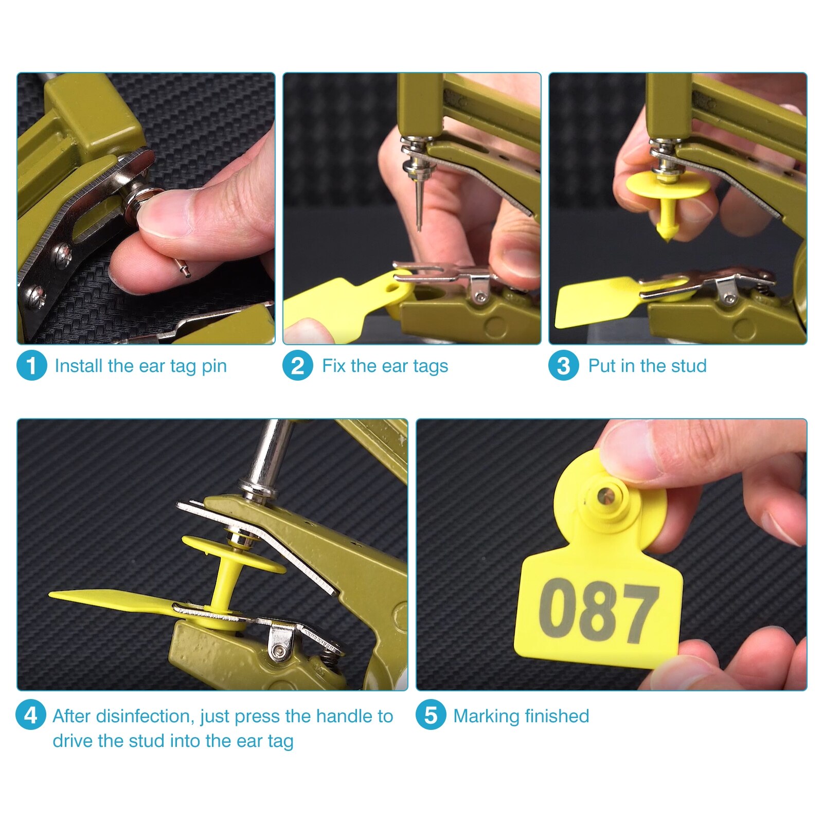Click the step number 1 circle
pyautogui.click(x=31, y=366)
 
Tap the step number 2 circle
pyautogui.click(x=298, y=366)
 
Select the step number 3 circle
pyautogui.click(x=564, y=366)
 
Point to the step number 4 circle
pyautogui.click(x=31, y=715)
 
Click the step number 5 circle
pyautogui.click(x=431, y=715)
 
